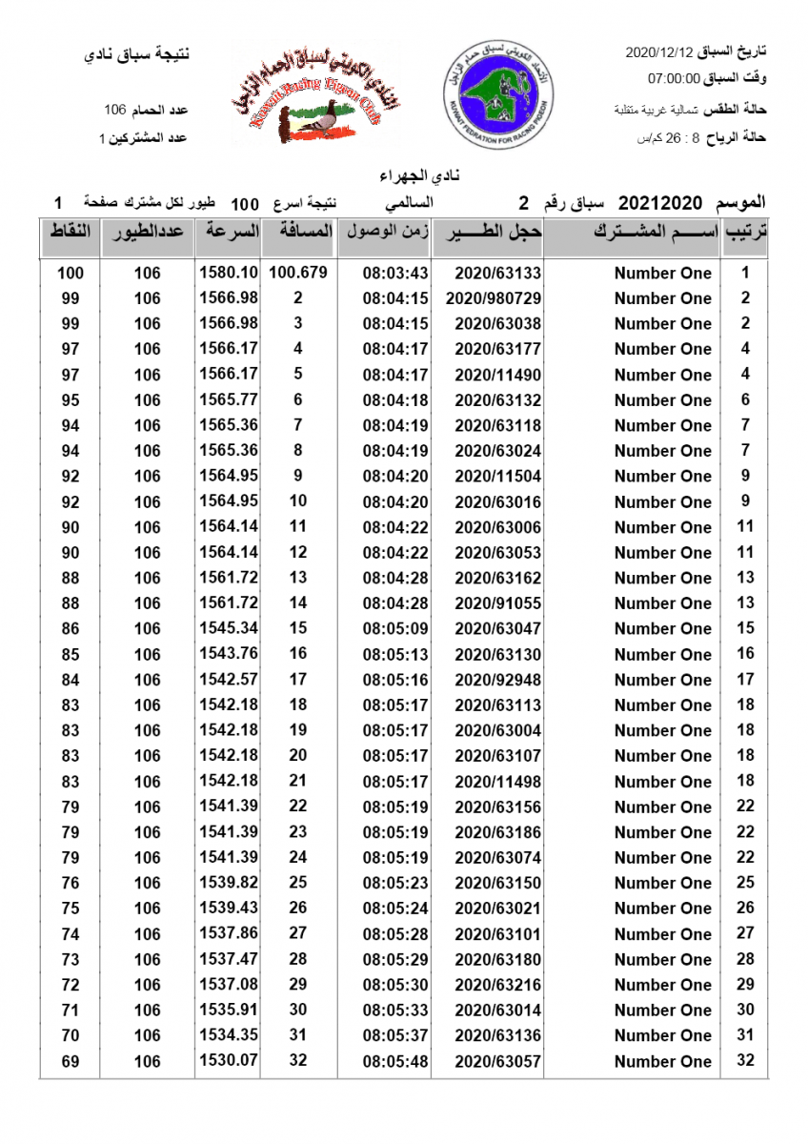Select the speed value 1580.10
(x=229, y=273)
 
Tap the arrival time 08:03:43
(x=395, y=274)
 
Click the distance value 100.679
(x=298, y=273)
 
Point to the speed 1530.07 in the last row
(x=229, y=1061)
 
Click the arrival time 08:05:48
(x=395, y=1061)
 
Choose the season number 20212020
(x=660, y=203)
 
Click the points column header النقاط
(x=70, y=233)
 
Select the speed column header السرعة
(x=229, y=233)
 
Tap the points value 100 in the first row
(x=71, y=274)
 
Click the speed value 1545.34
(x=229, y=629)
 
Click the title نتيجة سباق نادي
(x=137, y=53)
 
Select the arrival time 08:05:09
(x=395, y=629)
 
